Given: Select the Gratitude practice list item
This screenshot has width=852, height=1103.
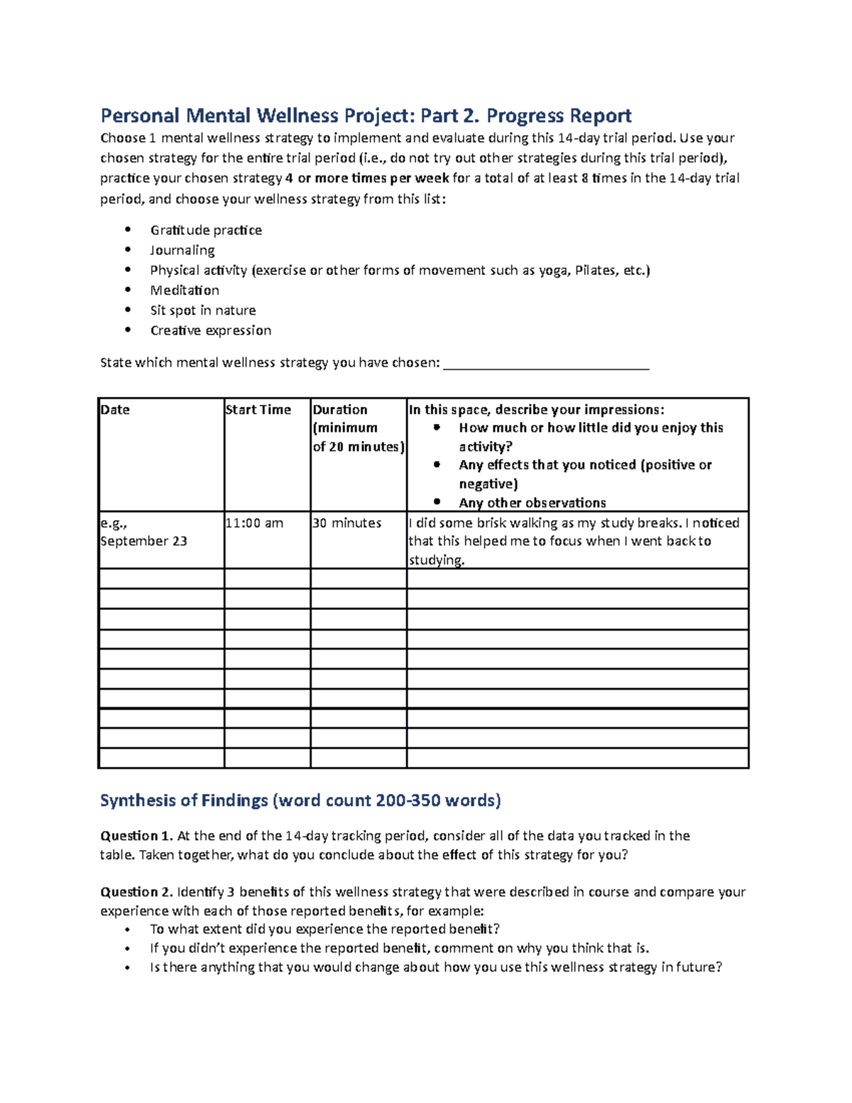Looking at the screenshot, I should (206, 230).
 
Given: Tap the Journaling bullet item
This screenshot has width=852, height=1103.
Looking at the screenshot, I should (182, 250).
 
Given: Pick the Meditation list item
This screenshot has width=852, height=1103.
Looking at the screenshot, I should (185, 290).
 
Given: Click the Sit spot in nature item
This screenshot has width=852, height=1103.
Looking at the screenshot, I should (203, 310).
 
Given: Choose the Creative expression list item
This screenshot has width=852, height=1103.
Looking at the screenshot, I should (211, 330).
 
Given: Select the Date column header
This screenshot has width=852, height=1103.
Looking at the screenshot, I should (115, 410).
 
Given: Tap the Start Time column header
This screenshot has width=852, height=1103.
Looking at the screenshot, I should (258, 410).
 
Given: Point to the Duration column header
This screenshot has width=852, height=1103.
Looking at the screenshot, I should (340, 410).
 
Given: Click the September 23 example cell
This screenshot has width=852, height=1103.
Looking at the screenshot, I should (143, 541).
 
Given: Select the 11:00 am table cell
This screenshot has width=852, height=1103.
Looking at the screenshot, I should (254, 523).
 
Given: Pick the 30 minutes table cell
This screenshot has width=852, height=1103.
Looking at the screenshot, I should (347, 523).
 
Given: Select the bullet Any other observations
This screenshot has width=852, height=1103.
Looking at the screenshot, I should (532, 503).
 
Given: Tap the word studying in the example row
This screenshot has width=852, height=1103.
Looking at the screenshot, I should (435, 560).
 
